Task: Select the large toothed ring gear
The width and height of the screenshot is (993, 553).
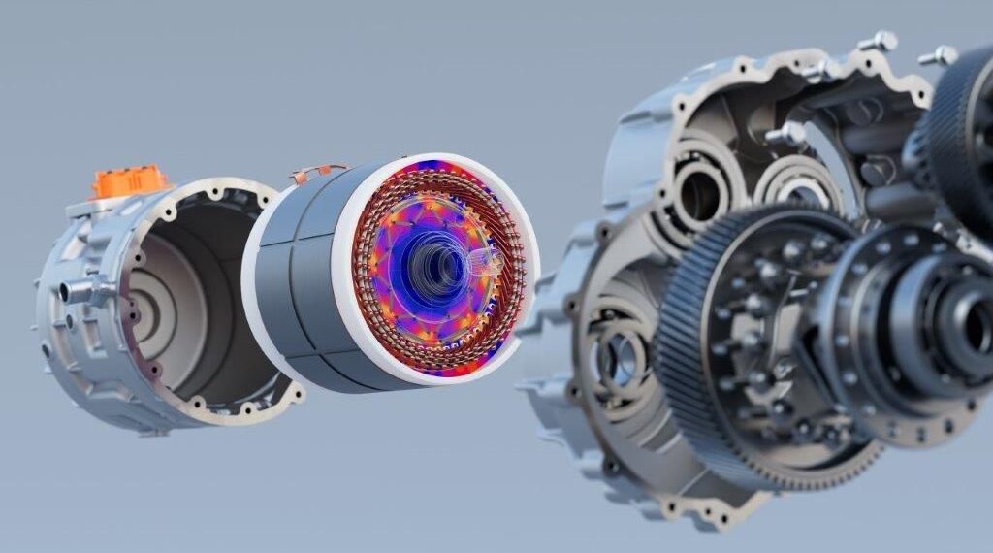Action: pyautogui.click(x=679, y=388)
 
